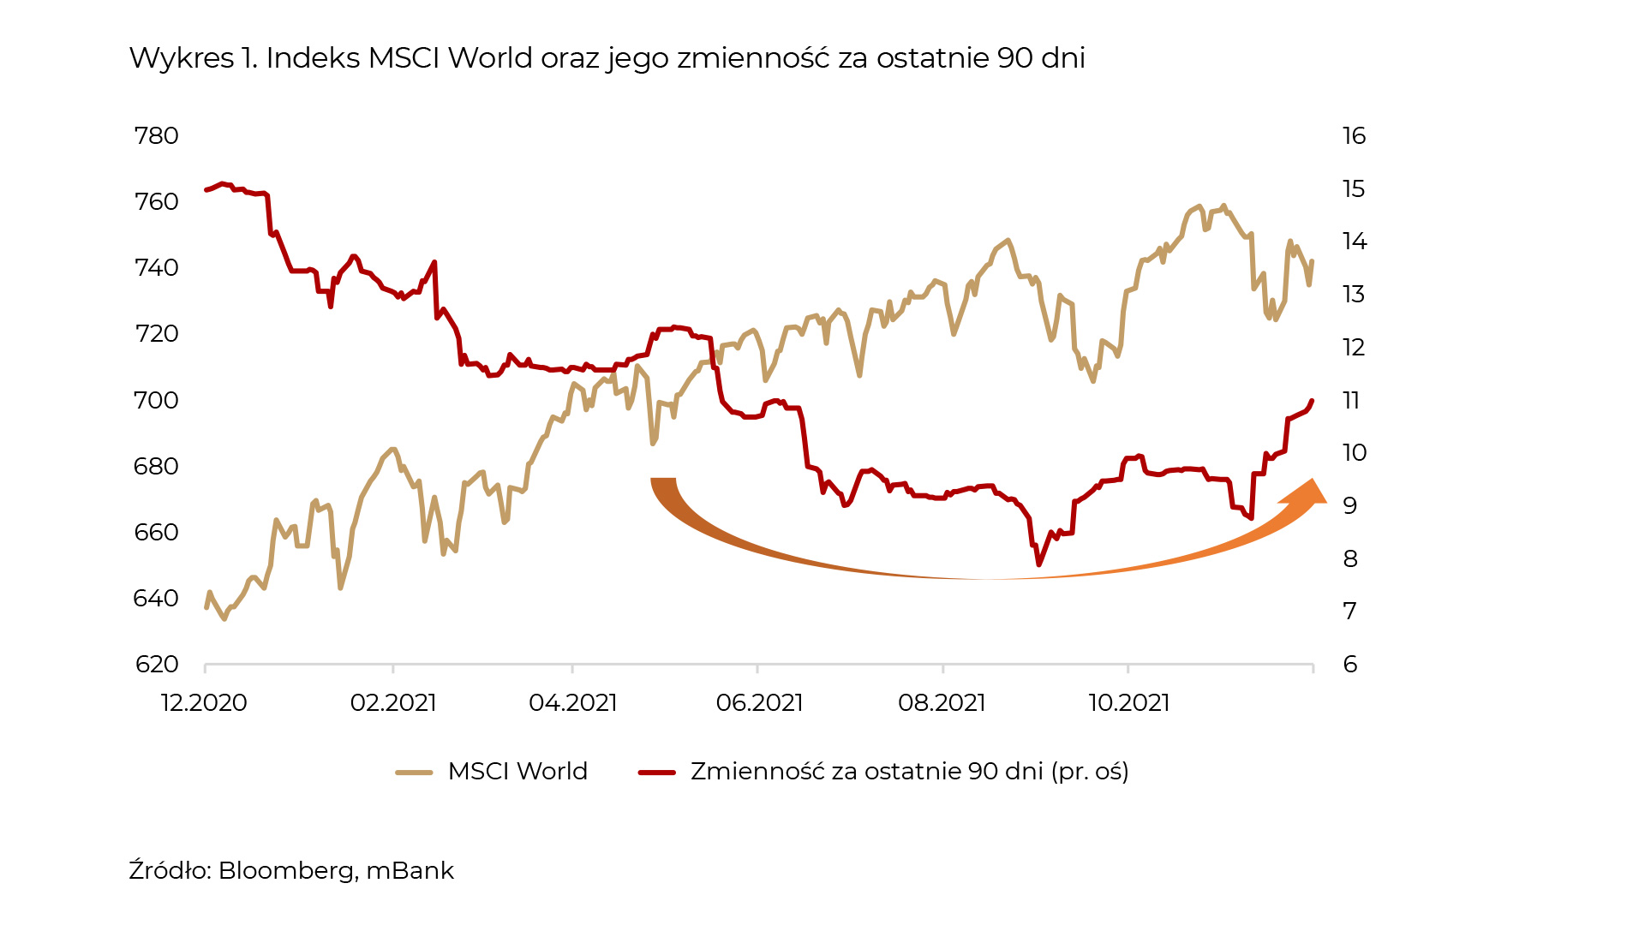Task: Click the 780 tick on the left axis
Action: click(x=156, y=136)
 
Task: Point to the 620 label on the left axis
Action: click(x=156, y=665)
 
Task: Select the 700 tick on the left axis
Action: click(x=156, y=400)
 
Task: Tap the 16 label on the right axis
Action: click(x=1354, y=136)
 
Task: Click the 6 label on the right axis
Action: click(x=1350, y=665)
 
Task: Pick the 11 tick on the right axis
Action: click(x=1351, y=400)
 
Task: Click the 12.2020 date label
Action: click(x=204, y=703)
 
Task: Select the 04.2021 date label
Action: click(x=572, y=703)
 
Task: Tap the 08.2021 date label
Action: click(x=942, y=703)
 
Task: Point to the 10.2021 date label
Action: click(x=1128, y=703)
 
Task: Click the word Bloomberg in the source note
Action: click(x=286, y=871)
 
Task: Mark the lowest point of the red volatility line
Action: click(x=1038, y=564)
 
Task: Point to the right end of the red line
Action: click(x=1313, y=401)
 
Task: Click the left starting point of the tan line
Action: click(x=206, y=607)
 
